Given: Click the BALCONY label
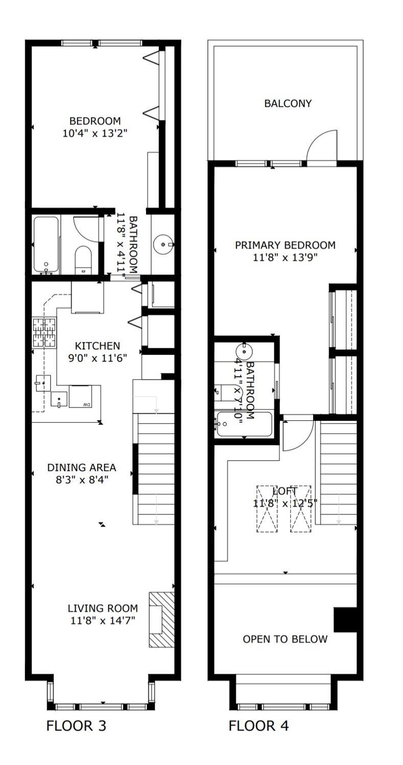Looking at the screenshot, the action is [x=288, y=104].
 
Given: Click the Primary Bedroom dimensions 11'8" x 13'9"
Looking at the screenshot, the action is [x=285, y=257].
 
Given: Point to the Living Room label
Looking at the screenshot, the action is [x=103, y=608].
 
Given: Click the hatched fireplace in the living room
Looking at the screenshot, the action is [x=161, y=619].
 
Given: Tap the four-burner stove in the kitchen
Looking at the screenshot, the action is [x=44, y=332].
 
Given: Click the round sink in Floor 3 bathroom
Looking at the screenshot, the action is [x=163, y=245].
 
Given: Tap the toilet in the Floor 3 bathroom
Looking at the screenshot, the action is [x=83, y=259].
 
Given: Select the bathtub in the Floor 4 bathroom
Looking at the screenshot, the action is [x=245, y=424].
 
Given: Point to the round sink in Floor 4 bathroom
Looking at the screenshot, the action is [x=244, y=351].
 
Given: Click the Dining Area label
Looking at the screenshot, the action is [x=82, y=468].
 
